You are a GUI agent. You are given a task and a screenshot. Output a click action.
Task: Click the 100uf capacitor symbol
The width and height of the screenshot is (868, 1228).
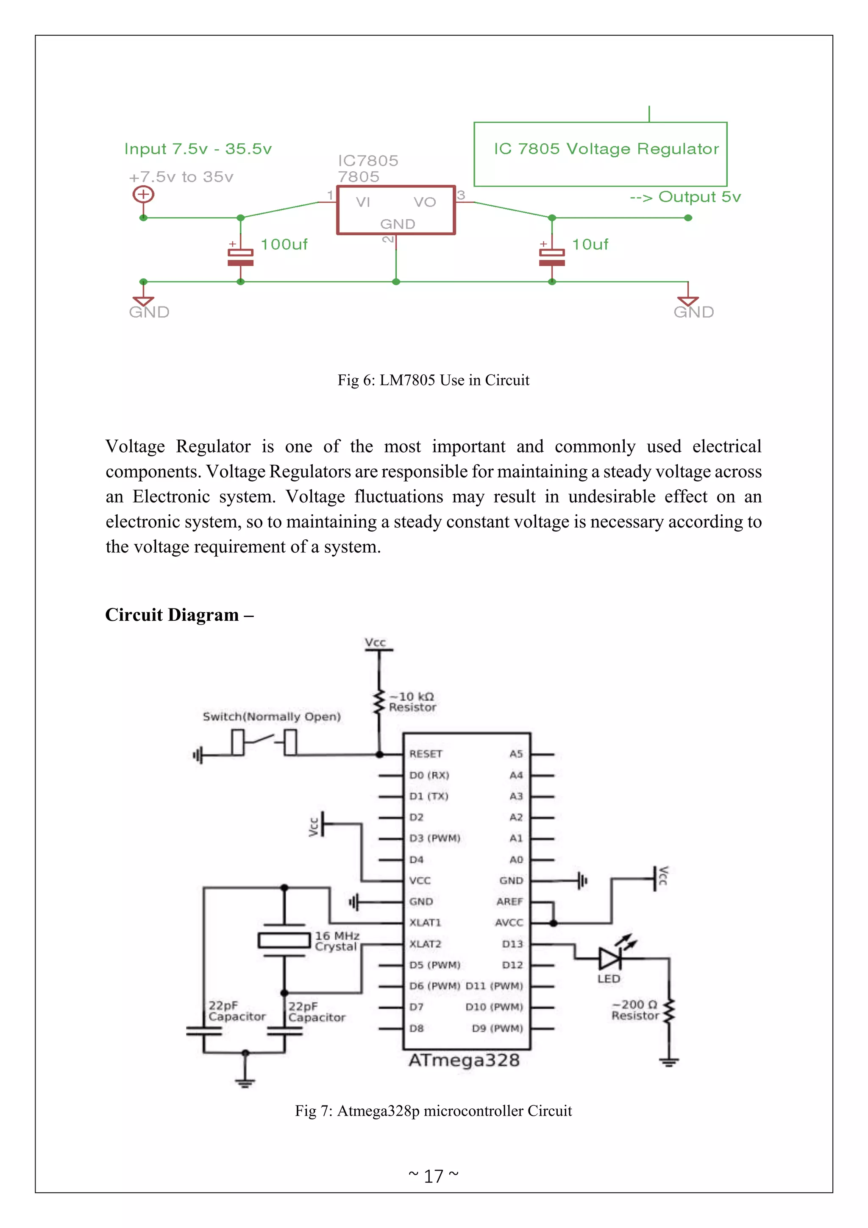(x=240, y=257)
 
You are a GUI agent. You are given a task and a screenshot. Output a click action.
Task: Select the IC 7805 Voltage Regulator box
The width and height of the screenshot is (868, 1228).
(x=600, y=154)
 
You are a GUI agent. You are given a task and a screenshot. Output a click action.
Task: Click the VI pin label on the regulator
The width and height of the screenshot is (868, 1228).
(x=363, y=202)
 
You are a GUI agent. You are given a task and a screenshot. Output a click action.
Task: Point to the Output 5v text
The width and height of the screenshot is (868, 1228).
(x=685, y=197)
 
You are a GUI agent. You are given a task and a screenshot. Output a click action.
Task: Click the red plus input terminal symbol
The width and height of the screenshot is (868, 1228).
(x=143, y=194)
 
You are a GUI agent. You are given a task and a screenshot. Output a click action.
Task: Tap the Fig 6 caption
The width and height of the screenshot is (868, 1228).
(x=434, y=380)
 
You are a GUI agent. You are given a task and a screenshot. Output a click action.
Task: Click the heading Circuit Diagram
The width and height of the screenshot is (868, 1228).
(x=179, y=615)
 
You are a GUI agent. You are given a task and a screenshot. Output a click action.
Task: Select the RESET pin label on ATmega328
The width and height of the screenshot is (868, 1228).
(x=426, y=754)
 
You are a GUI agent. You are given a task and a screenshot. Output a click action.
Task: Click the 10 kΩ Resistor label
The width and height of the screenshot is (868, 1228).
(x=412, y=702)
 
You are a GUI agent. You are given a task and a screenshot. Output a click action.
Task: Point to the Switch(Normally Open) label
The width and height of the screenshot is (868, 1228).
(x=272, y=717)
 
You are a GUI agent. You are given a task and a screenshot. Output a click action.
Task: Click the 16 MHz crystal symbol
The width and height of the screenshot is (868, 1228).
(x=284, y=940)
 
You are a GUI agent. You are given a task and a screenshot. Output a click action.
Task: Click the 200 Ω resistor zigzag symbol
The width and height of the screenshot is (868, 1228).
(x=669, y=1011)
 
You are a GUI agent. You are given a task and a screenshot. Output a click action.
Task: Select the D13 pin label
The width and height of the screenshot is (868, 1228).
(x=512, y=944)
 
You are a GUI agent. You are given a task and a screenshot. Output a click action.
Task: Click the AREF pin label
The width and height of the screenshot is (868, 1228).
(x=509, y=902)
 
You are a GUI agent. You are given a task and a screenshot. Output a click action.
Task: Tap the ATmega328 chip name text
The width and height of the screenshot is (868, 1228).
(x=464, y=1061)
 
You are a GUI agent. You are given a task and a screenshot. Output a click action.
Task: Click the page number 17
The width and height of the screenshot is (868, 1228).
(x=434, y=1176)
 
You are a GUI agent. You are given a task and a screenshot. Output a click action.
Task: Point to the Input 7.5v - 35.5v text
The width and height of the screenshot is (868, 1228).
(x=198, y=149)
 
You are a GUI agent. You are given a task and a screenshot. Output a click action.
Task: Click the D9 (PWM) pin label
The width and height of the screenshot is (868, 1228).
(x=497, y=1029)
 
